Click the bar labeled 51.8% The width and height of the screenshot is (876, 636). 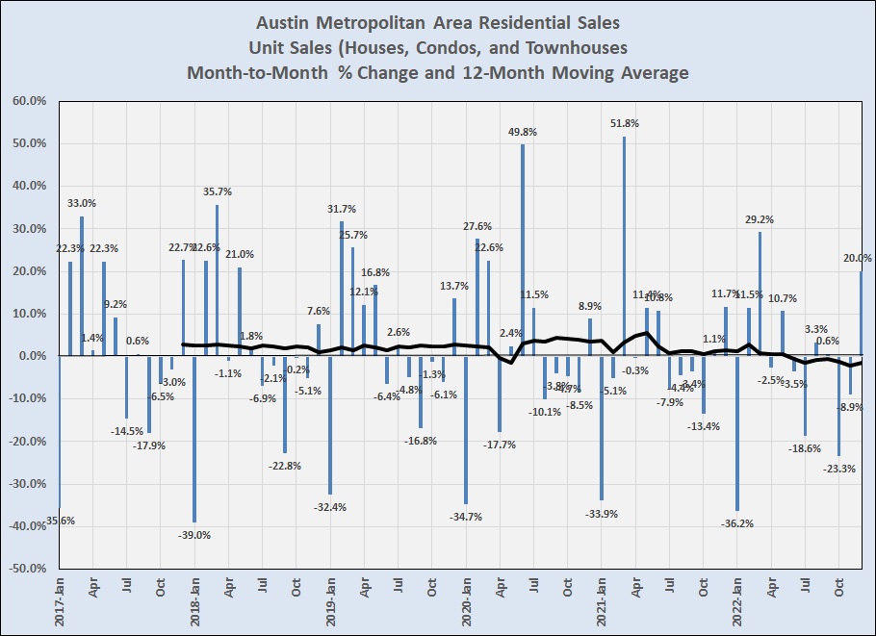(624, 246)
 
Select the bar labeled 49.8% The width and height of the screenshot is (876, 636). (523, 250)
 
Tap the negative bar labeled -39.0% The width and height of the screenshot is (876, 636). (194, 439)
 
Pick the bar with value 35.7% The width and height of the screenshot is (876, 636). (218, 280)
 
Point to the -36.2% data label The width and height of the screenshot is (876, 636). (737, 523)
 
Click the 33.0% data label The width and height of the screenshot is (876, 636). (81, 203)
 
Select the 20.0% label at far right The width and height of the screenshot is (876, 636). (858, 258)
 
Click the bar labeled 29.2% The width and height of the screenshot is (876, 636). (760, 293)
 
